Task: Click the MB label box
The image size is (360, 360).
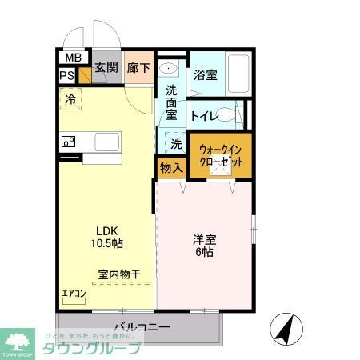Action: pyautogui.click(x=73, y=58)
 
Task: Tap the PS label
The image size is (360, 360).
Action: pyautogui.click(x=67, y=77)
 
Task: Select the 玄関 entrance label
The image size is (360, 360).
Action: pyautogui.click(x=107, y=68)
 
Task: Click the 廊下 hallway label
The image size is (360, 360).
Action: pyautogui.click(x=138, y=68)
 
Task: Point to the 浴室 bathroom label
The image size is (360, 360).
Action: pyautogui.click(x=206, y=75)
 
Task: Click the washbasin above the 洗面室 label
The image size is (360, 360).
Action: pyautogui.click(x=170, y=69)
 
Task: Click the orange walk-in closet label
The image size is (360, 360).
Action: pyautogui.click(x=221, y=154)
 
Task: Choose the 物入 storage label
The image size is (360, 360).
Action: pyautogui.click(x=170, y=167)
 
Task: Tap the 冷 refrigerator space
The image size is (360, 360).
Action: pyautogui.click(x=71, y=101)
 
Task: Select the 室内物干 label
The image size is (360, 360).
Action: pyautogui.click(x=119, y=274)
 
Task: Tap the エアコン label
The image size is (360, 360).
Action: pyautogui.click(x=74, y=294)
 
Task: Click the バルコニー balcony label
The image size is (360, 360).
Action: pyautogui.click(x=141, y=327)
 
